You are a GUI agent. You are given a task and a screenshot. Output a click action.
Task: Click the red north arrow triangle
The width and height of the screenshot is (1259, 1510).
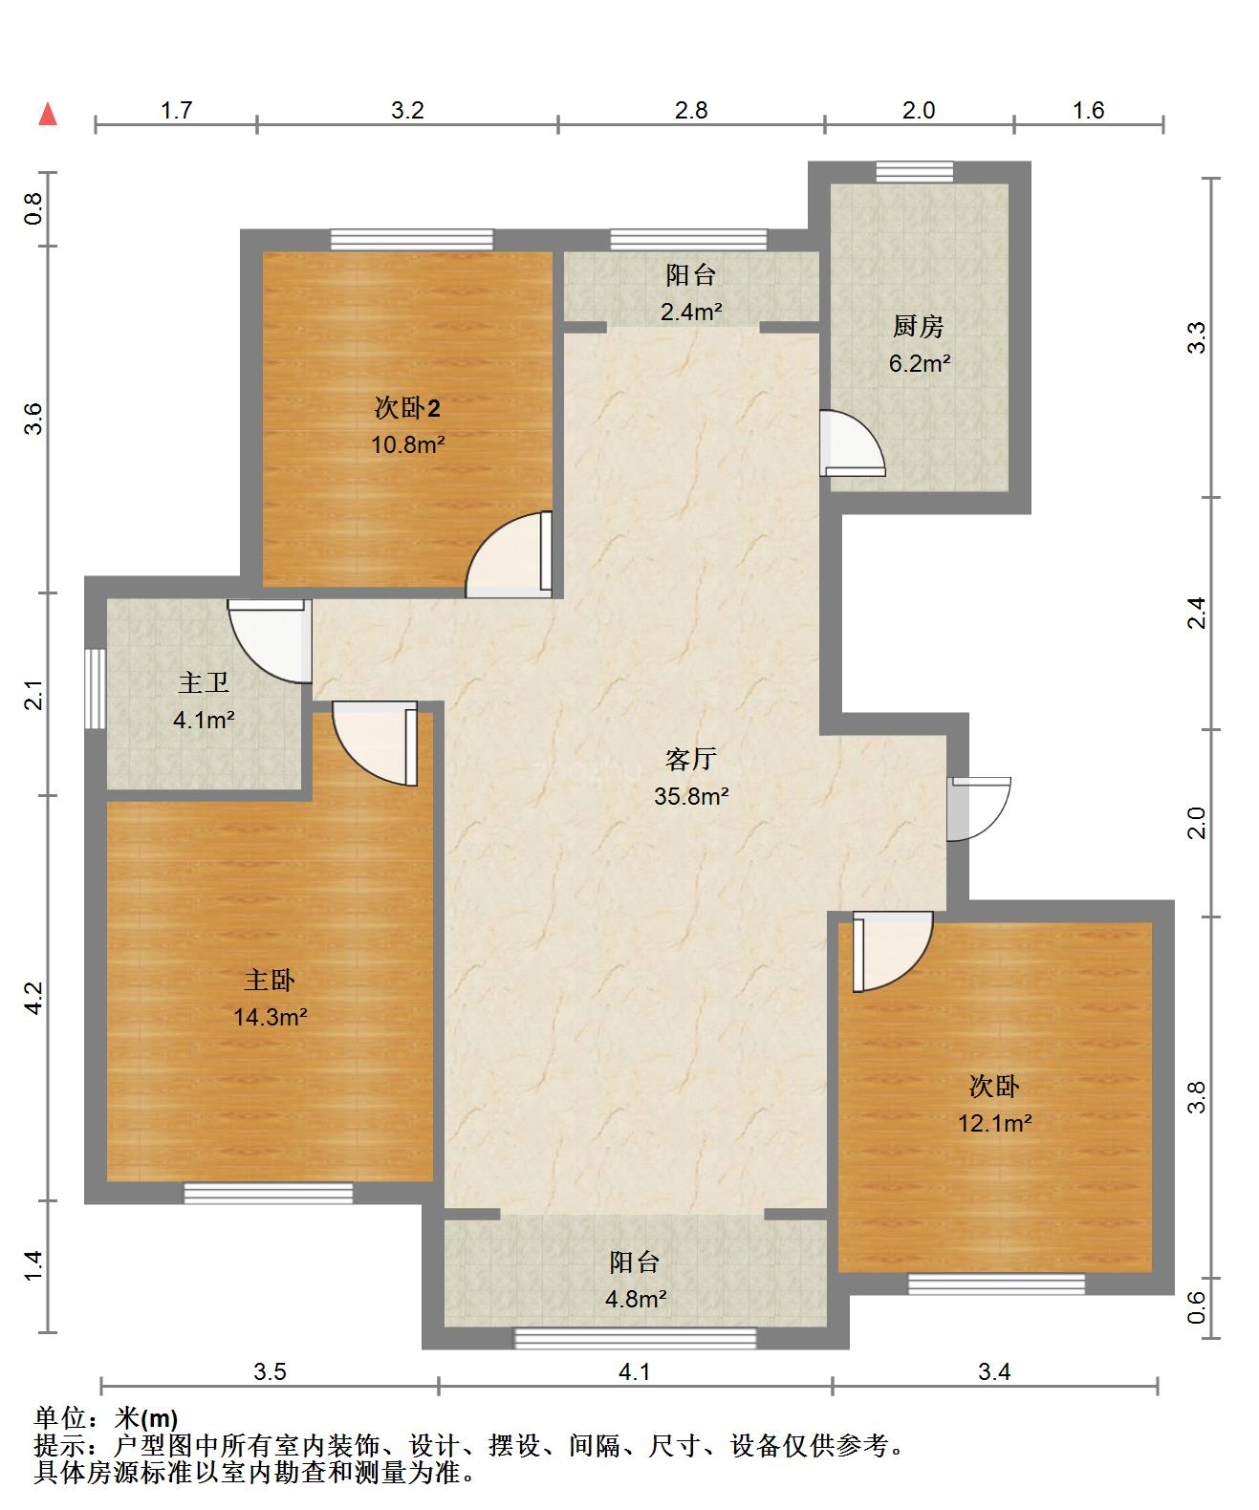tap(48, 115)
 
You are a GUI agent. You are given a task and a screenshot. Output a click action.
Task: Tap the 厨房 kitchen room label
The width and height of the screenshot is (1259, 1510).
tap(919, 326)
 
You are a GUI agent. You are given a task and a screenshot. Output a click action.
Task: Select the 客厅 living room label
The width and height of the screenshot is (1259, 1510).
tap(690, 759)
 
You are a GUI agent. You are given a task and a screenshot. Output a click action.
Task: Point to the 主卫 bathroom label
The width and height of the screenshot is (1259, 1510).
tap(204, 682)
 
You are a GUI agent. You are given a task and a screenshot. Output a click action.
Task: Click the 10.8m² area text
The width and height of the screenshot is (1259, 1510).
tap(407, 444)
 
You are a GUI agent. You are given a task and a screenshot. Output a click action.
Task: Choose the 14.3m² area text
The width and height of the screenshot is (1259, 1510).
tap(270, 1017)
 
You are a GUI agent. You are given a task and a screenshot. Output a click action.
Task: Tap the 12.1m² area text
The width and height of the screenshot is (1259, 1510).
tap(995, 1123)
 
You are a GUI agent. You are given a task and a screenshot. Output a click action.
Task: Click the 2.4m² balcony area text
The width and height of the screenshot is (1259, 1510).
tap(691, 312)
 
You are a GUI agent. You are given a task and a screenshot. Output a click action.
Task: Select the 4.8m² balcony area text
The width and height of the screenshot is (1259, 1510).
tap(636, 1299)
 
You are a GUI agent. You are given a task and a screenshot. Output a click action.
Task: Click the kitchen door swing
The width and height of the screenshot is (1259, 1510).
tap(852, 443)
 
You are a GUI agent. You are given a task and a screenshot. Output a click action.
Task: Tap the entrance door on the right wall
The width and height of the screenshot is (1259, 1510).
tap(978, 809)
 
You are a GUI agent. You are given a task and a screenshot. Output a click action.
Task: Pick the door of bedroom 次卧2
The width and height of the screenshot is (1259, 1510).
tap(509, 554)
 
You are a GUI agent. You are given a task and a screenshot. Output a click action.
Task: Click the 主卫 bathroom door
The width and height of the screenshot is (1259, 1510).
tap(270, 641)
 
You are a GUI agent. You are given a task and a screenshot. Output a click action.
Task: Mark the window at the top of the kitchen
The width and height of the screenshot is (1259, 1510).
tap(915, 171)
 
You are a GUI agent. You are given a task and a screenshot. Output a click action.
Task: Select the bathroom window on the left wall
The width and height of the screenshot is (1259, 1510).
tap(96, 688)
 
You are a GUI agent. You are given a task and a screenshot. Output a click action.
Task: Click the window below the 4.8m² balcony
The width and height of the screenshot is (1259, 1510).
tap(636, 1338)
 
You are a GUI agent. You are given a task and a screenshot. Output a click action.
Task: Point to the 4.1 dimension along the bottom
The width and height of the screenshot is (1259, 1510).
tap(635, 1371)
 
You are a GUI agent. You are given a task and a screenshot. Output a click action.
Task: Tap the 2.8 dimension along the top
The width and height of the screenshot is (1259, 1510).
tap(691, 110)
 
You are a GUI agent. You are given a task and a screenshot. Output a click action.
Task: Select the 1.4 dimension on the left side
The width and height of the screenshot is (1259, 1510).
tap(33, 1265)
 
